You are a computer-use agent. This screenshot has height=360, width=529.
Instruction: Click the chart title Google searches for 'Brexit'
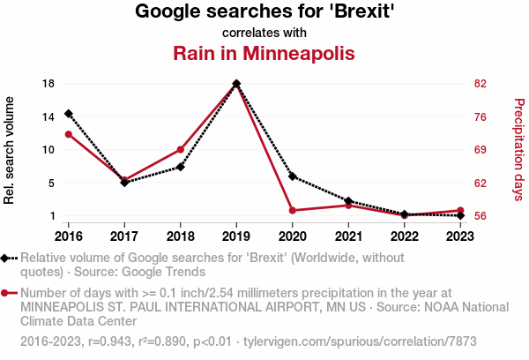tap(264, 11)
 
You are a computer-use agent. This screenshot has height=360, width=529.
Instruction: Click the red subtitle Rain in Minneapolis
tap(264, 53)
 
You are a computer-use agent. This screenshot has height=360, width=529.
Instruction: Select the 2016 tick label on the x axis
tap(68, 236)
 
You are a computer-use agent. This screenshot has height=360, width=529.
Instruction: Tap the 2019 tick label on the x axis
tap(236, 236)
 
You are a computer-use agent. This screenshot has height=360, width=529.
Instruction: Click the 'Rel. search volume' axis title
tap(10, 150)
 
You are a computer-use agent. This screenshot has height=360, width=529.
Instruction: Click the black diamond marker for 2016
tap(68, 114)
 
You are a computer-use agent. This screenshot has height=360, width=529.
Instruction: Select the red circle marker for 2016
tap(68, 134)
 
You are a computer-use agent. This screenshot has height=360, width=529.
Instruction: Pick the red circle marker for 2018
tap(180, 150)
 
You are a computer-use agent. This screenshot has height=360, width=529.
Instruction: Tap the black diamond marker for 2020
tap(292, 176)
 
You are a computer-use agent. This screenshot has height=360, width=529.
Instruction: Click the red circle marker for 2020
tap(292, 210)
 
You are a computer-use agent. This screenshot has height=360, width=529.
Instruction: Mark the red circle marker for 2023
tap(460, 210)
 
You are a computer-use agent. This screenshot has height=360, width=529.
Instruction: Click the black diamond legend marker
tap(7, 258)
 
